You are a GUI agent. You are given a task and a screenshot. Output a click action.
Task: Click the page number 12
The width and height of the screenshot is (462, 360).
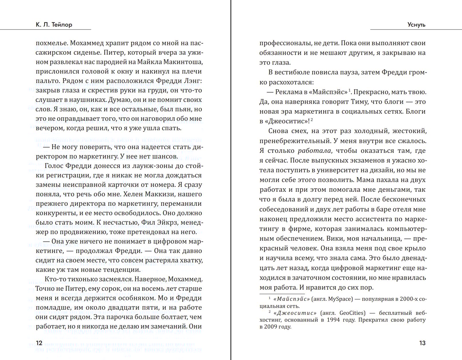(x=39, y=343)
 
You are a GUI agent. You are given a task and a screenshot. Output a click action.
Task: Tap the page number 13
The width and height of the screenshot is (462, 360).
(x=422, y=343)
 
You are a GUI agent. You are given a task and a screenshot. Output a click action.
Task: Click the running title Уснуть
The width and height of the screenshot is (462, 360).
(x=416, y=25)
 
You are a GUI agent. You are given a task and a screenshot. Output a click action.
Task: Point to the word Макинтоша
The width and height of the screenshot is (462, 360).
(x=185, y=62)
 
